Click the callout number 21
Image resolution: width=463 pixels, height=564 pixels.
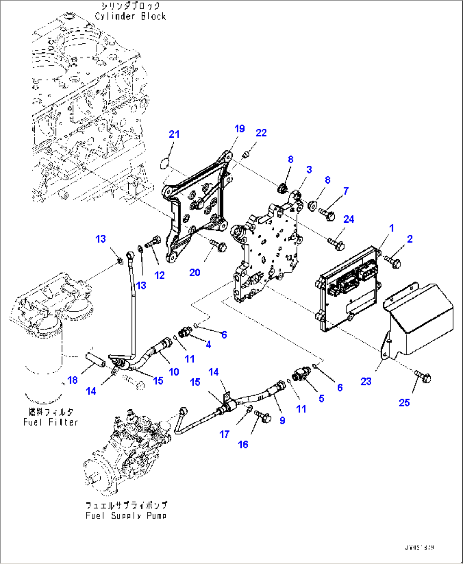click(174, 134)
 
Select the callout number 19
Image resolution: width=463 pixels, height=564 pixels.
click(240, 129)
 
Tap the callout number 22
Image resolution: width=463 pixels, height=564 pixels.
click(261, 133)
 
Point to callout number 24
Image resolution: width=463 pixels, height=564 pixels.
click(349, 219)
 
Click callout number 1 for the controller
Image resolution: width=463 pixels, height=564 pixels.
click(392, 228)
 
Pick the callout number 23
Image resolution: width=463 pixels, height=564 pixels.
click(366, 382)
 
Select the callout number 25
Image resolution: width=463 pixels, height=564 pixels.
click(404, 402)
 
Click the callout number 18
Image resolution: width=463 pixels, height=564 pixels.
click(73, 380)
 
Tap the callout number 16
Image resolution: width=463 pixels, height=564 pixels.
click(243, 445)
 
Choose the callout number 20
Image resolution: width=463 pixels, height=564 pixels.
click(195, 272)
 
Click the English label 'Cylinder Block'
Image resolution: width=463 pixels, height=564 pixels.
click(130, 17)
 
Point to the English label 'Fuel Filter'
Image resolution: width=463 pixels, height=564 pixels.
click(51, 422)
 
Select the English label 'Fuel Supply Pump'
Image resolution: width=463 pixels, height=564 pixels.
click(126, 516)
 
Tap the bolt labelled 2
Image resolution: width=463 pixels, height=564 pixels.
click(393, 261)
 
